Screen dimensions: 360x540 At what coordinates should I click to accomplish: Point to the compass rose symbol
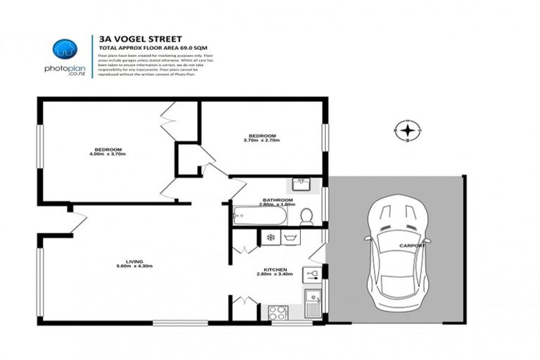pyautogui.click(x=407, y=130)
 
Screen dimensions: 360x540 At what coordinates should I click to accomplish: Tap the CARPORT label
pyautogui.click(x=412, y=245)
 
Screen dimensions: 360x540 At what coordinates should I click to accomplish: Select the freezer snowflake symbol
pyautogui.click(x=269, y=238)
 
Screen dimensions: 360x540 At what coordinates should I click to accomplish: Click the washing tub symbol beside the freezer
pyautogui.click(x=291, y=238)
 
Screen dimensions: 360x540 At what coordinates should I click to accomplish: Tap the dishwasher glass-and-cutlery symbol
pyautogui.click(x=311, y=274)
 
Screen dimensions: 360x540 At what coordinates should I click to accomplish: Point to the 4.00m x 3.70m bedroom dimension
pyautogui.click(x=109, y=154)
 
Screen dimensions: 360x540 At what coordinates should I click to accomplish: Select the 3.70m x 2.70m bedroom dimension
pyautogui.click(x=262, y=141)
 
